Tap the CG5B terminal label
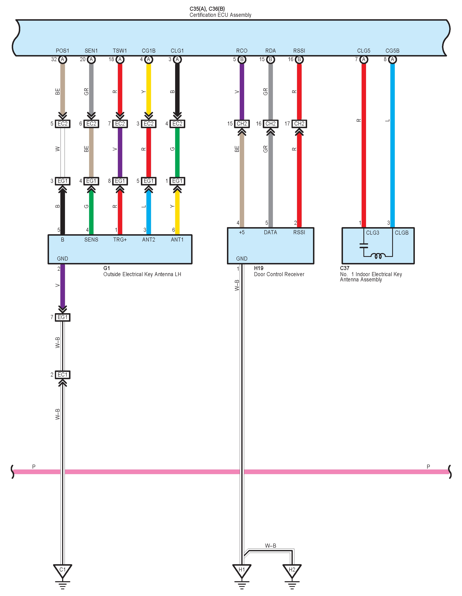point(392,51)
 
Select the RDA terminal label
point(270,51)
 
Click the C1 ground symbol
point(63,570)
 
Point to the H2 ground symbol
point(292,570)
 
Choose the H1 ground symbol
point(242,570)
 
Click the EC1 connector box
point(63,375)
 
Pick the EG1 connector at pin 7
point(63,317)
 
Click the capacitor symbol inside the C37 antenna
point(363,246)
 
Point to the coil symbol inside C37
point(378,256)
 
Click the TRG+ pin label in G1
point(120,240)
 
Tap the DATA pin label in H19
point(270,232)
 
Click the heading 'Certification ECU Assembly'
point(220,15)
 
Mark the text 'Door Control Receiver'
point(279,274)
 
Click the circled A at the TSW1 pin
point(120,60)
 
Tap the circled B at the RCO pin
point(242,60)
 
